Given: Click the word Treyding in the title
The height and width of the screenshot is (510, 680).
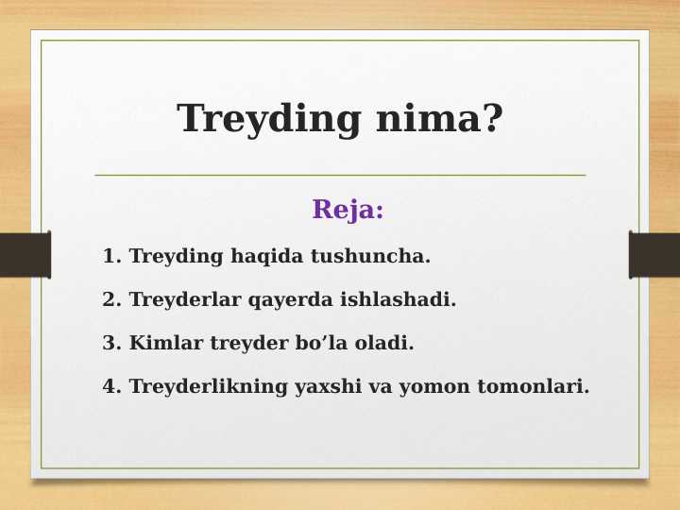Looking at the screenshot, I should [x=271, y=120].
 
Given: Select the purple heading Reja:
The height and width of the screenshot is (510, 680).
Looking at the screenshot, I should [x=348, y=210].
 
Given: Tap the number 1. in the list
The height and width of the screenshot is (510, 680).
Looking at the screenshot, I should [x=112, y=256].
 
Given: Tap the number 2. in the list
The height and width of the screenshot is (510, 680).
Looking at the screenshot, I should [x=112, y=299].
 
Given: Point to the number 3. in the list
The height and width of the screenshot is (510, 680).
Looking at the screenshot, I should [x=112, y=343].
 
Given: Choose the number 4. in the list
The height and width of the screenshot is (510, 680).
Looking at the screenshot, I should [x=112, y=386].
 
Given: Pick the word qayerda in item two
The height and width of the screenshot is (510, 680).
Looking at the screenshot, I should [x=283, y=300].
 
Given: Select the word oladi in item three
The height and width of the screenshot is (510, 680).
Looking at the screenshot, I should [x=385, y=343].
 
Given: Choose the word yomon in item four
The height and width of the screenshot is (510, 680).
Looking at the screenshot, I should [x=433, y=387].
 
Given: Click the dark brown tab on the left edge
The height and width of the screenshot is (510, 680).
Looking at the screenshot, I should [x=25, y=255].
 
